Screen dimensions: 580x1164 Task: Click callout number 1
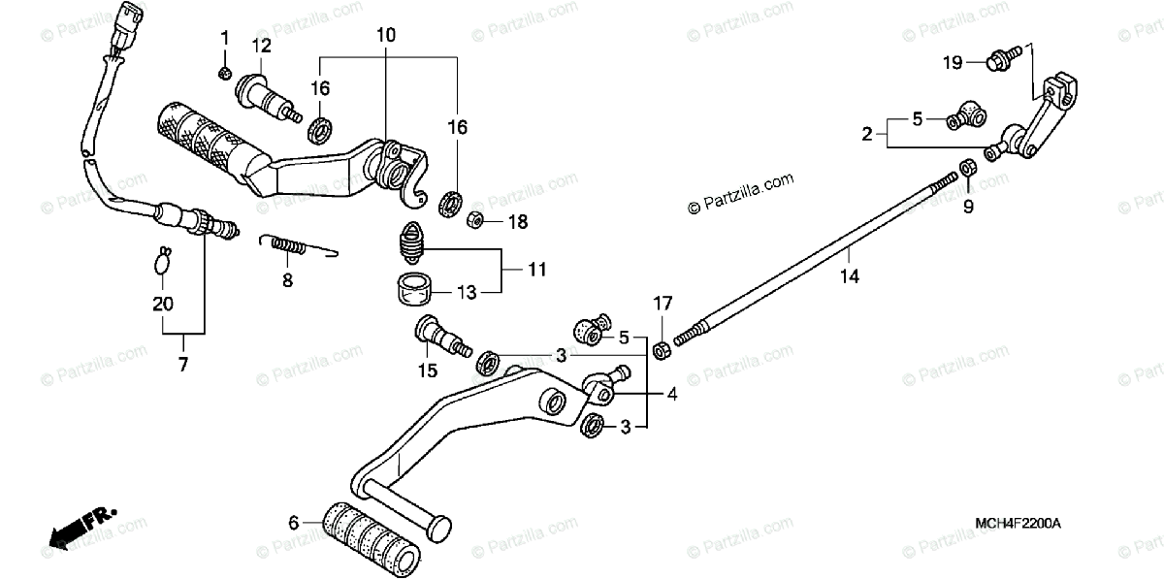click(x=224, y=39)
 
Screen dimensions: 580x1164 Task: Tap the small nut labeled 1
click(x=224, y=73)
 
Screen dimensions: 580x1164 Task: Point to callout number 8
click(x=286, y=280)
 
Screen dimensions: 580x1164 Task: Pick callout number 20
click(x=163, y=304)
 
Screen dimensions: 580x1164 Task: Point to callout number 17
click(x=662, y=304)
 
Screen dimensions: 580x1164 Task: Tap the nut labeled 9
click(x=967, y=171)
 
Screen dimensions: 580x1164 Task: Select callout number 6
click(x=293, y=523)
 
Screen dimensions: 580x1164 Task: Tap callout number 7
click(x=182, y=365)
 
